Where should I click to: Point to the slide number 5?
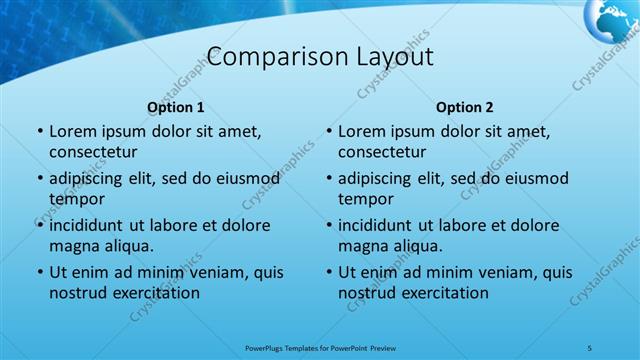pos(589,347)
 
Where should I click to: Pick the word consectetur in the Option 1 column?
pos(93,152)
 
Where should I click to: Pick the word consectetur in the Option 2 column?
pos(382,152)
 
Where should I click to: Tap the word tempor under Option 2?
pos(366,199)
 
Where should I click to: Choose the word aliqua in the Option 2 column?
pos(418,246)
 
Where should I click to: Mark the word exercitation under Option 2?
pos(441,293)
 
